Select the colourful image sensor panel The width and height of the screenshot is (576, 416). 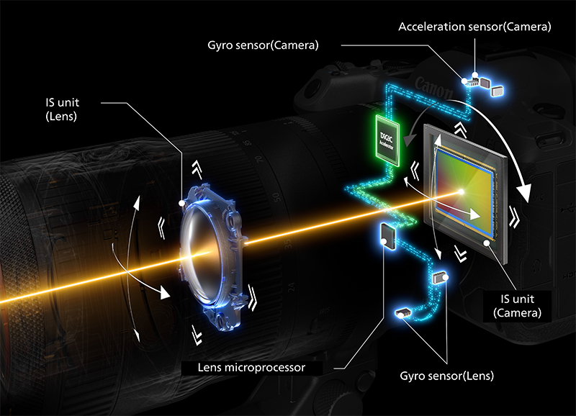462,190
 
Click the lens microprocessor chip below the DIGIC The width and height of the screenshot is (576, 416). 385,235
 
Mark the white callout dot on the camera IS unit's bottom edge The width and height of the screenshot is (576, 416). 487,245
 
